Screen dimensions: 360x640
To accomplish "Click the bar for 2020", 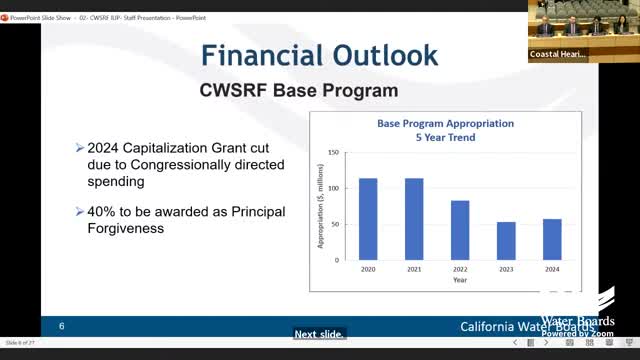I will [368, 218].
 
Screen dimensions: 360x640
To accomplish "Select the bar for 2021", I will [414, 218].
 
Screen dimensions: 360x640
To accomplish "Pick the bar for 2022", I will [460, 229].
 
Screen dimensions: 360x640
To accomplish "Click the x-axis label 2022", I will [460, 268].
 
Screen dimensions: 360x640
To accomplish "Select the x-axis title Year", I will [459, 280].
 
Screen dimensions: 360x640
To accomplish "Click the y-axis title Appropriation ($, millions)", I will [322, 207].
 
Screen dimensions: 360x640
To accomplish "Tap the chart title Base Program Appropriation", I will [445, 124].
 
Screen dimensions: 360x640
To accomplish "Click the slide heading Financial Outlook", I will [319, 56].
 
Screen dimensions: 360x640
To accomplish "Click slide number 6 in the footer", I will [61, 327].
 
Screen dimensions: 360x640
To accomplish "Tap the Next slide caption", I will [319, 335].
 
